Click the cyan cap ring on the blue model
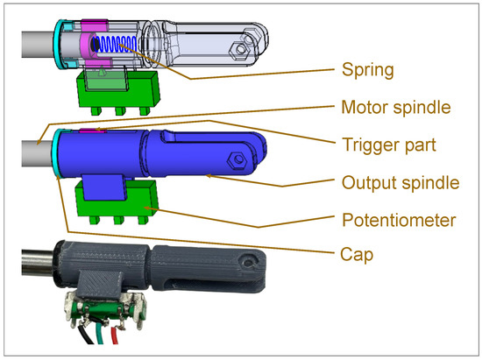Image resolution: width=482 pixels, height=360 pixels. pos(55,152)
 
